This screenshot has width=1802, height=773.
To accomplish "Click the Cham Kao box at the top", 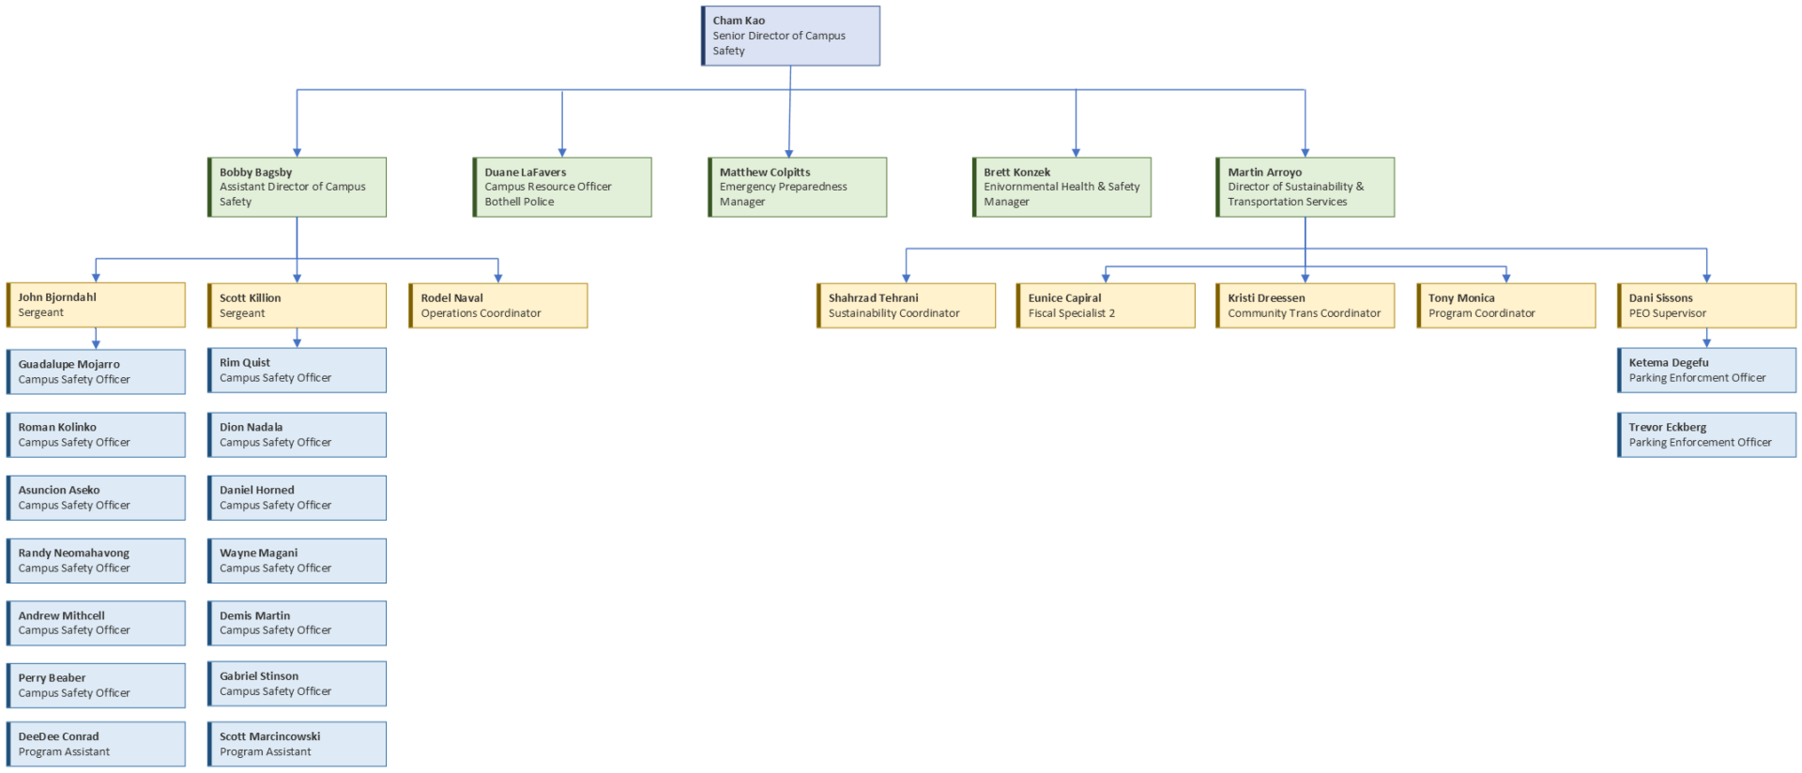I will pyautogui.click(x=790, y=36).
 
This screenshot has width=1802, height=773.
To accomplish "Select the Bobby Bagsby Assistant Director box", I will pyautogui.click(x=297, y=187).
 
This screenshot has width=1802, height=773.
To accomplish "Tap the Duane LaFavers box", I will pyautogui.click(x=561, y=187).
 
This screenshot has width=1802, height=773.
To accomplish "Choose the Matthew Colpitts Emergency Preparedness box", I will pyautogui.click(x=796, y=187).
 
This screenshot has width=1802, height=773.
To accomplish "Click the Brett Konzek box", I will pyautogui.click(x=1061, y=187).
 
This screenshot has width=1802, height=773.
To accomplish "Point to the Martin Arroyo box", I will pyautogui.click(x=1305, y=187).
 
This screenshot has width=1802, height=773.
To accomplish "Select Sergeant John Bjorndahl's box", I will pyautogui.click(x=96, y=305).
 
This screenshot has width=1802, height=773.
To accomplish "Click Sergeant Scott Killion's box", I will pyautogui.click(x=297, y=306).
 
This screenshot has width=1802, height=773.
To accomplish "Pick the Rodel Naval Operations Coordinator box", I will pyautogui.click(x=497, y=306).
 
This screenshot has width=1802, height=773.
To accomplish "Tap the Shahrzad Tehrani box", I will pyautogui.click(x=906, y=306).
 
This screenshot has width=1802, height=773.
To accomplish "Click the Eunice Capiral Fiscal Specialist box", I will pyautogui.click(x=1105, y=306).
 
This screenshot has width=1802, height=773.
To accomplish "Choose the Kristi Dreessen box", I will pyautogui.click(x=1305, y=306).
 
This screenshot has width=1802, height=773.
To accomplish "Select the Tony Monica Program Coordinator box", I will pyautogui.click(x=1505, y=306).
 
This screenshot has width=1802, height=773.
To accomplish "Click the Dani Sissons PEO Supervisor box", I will pyautogui.click(x=1706, y=306).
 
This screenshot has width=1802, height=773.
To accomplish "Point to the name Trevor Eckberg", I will pyautogui.click(x=1667, y=427).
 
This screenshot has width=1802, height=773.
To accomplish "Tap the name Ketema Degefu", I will pyautogui.click(x=1668, y=362).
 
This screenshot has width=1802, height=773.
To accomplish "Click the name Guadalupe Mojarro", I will pyautogui.click(x=69, y=364).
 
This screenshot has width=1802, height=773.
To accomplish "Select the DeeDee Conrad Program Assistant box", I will pyautogui.click(x=96, y=744).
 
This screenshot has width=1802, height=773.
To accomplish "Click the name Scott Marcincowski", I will pyautogui.click(x=269, y=736).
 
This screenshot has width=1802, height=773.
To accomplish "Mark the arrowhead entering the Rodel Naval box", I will pyautogui.click(x=498, y=278).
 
